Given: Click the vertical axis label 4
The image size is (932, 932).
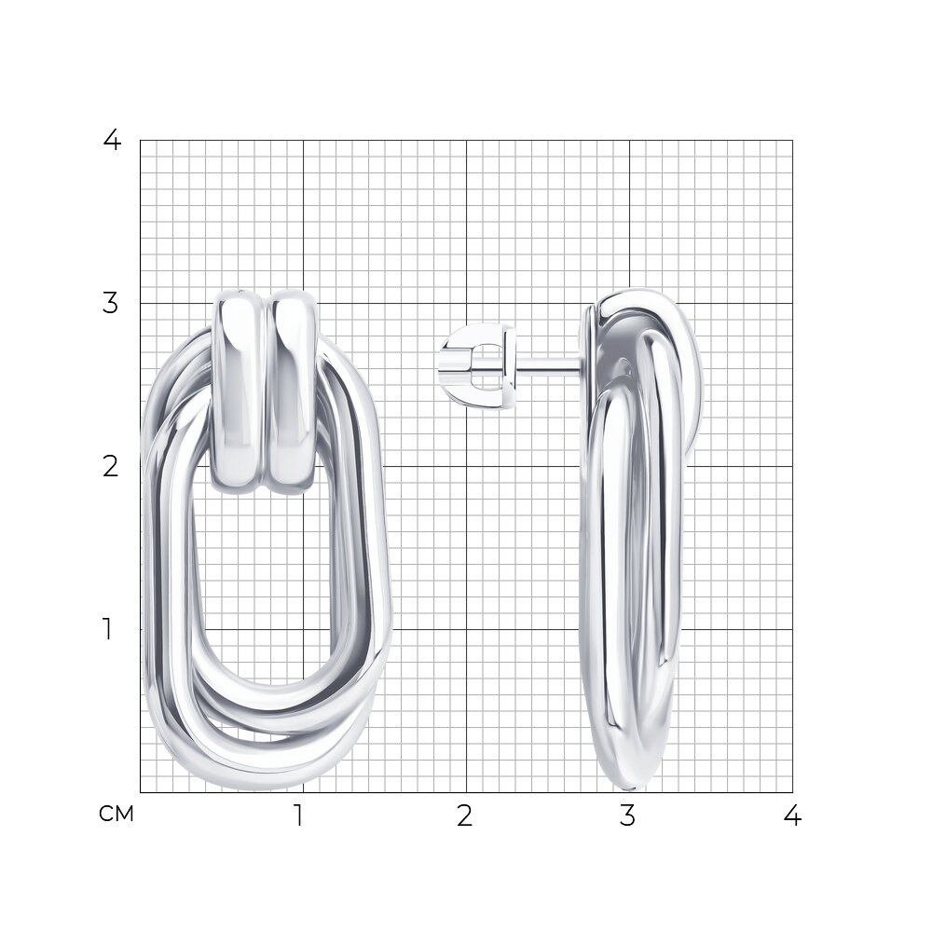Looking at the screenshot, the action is tap(112, 141).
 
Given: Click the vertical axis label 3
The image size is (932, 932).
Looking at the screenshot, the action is tap(111, 304).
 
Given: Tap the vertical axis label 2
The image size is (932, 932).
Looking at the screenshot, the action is tap(111, 467).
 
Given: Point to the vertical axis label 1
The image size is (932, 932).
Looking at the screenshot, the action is tap(107, 629).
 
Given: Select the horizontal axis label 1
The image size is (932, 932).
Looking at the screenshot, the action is tap(299, 816).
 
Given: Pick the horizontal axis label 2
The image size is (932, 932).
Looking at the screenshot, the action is tap(465, 816).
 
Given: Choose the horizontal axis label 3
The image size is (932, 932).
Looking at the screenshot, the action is tap(627, 816).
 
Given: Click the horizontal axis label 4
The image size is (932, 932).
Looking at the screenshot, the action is tap(792, 816).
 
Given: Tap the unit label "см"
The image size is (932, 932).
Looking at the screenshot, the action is tap(116, 815).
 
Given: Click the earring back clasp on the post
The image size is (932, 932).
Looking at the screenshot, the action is tap(478, 365).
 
